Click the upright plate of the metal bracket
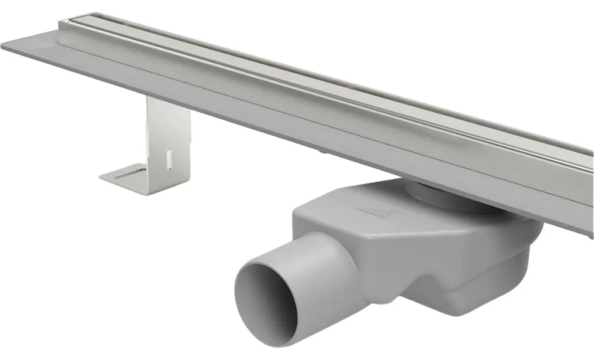(168, 139)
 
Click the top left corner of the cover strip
(68, 21)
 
